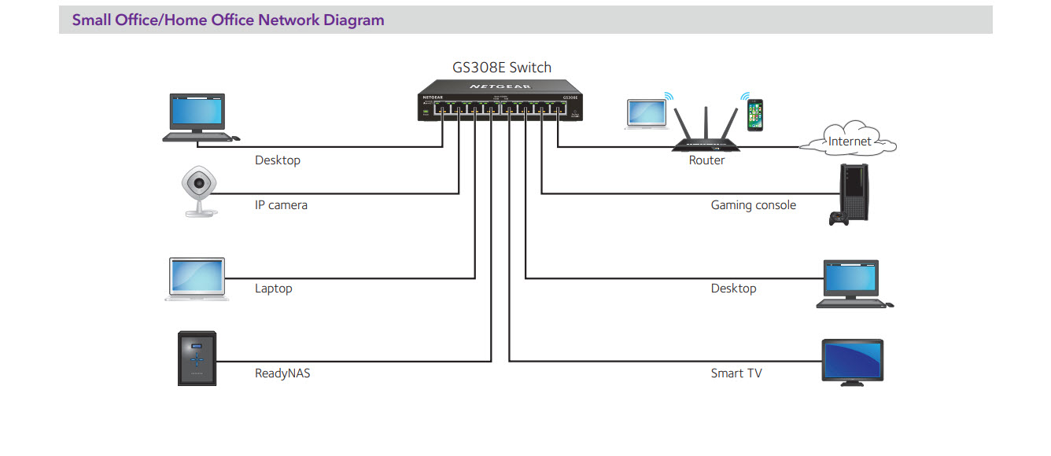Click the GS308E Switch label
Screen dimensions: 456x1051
[501, 68]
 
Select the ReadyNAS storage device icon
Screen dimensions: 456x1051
[196, 358]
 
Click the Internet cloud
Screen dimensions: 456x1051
[849, 140]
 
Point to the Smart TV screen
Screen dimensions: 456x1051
[852, 359]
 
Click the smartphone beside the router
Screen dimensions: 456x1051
[755, 114]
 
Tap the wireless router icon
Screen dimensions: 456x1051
[706, 130]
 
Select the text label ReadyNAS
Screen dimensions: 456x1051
[282, 373]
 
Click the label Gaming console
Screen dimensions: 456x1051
[753, 205]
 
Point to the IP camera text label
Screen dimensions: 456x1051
[281, 205]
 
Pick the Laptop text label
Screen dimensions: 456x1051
[273, 289]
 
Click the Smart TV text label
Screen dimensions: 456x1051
[736, 373]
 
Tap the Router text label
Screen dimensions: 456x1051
[706, 160]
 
